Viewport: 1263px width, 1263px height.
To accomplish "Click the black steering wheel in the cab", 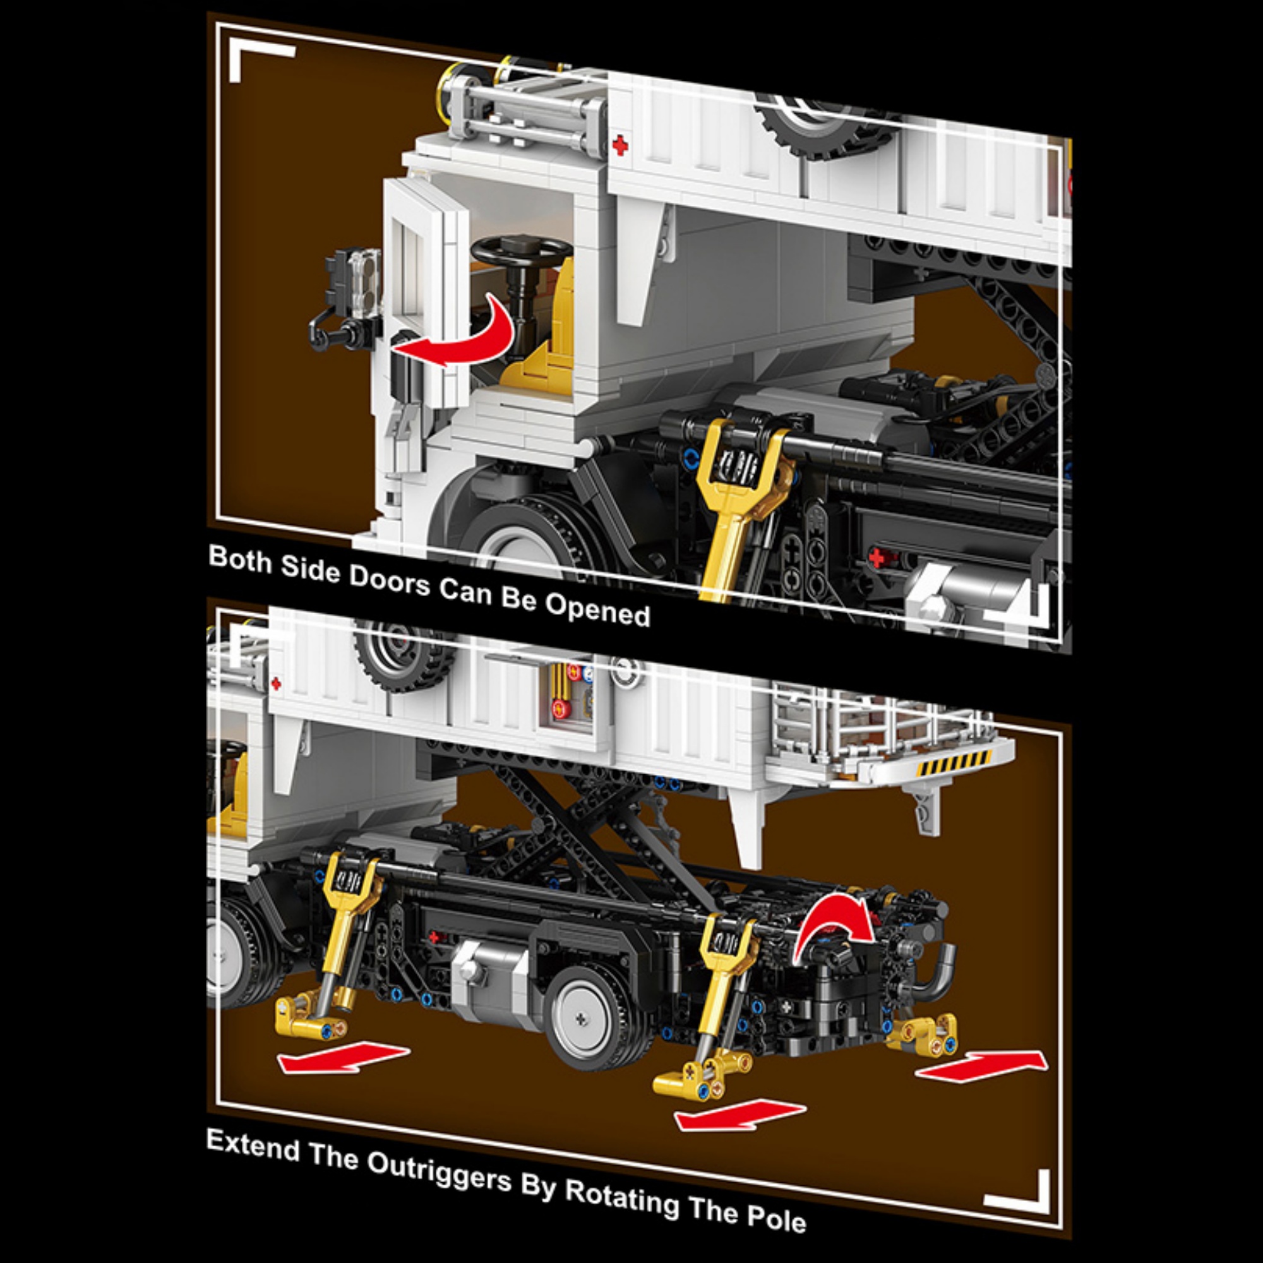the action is [521, 249].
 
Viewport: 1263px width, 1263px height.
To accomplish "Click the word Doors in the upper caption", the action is [388, 579].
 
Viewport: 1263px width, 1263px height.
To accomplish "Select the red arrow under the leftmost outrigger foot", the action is [344, 1057].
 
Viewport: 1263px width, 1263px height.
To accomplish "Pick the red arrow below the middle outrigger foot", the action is [740, 1115].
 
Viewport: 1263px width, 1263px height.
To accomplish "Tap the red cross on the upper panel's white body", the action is [619, 145].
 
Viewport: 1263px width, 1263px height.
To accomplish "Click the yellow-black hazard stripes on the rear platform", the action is [954, 763].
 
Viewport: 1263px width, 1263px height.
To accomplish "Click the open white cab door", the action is [426, 291].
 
